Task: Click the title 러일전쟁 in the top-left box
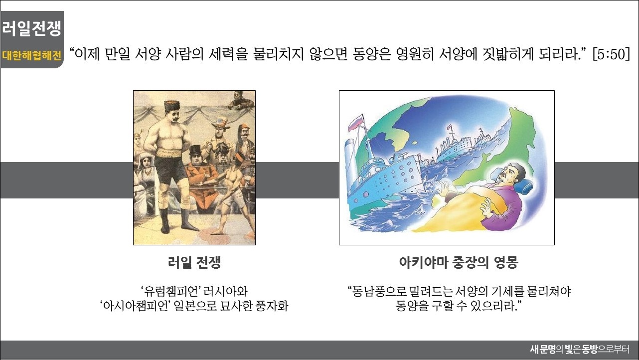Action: coord(32,28)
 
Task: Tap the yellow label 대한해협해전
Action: coord(32,55)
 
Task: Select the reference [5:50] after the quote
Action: coord(611,54)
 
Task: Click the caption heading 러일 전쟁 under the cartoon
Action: coord(194,262)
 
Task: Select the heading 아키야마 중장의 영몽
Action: coord(459,262)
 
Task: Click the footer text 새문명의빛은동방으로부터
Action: coord(580,350)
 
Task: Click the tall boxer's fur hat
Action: coord(172,105)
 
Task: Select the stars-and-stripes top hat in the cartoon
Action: coord(220,123)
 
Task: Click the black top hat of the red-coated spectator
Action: coord(196,151)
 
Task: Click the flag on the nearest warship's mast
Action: coord(356,122)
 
